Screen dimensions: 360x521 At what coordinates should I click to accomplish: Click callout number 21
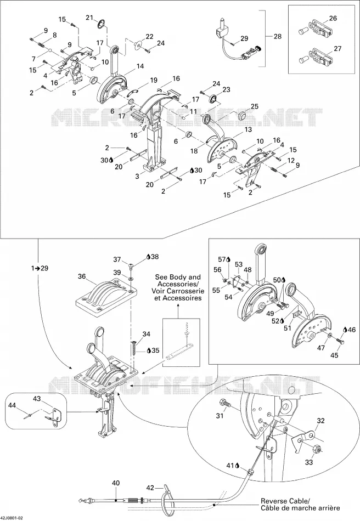(90, 18)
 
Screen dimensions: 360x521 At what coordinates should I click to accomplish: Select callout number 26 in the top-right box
(333, 18)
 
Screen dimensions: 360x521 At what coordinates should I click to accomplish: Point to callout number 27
(337, 48)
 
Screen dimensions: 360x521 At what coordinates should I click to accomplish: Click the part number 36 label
(82, 276)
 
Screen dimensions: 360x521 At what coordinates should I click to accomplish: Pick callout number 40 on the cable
(116, 483)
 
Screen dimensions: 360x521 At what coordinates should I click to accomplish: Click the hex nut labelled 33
(317, 450)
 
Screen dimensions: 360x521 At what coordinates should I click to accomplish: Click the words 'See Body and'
(178, 277)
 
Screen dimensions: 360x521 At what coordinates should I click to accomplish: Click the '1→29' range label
(40, 268)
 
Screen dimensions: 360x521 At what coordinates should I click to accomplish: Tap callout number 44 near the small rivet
(12, 405)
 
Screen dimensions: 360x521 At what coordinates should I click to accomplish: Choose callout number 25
(254, 106)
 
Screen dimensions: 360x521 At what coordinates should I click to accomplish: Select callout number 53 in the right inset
(239, 264)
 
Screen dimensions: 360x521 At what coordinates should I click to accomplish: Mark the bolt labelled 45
(340, 341)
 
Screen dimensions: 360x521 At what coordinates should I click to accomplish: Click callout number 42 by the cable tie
(150, 488)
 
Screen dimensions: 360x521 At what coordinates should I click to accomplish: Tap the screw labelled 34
(134, 347)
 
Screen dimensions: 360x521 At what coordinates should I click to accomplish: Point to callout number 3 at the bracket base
(137, 176)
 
